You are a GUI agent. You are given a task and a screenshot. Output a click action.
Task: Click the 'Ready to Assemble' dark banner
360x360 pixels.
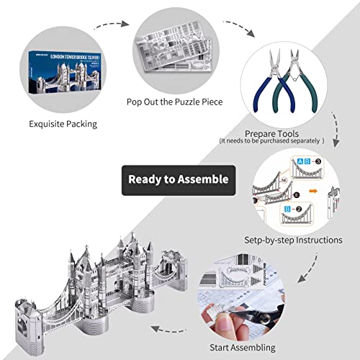tap(178, 179)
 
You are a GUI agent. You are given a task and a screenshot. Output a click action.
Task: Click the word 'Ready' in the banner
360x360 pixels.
tap(147, 179)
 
